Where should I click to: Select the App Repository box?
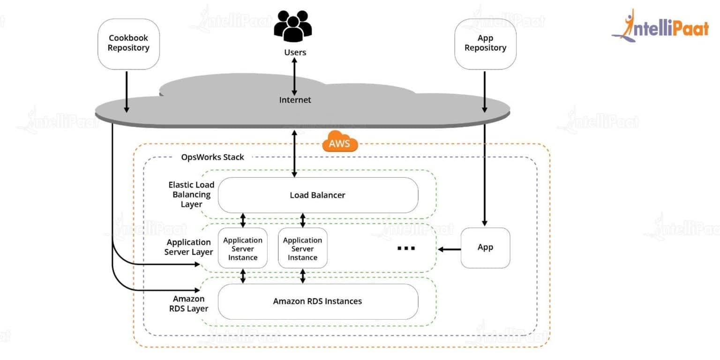pos(485,44)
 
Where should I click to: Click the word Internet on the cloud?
pos(295,100)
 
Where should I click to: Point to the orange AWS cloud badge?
pos(340,143)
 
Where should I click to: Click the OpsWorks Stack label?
pos(212,157)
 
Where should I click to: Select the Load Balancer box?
pos(317,195)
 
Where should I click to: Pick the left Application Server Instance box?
pos(242,248)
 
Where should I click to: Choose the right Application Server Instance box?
pos(302,248)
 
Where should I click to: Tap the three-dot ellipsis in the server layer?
pos(406,248)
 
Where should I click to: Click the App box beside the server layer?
pos(485,247)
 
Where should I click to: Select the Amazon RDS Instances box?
pos(317,301)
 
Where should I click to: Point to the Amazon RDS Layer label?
pos(189,303)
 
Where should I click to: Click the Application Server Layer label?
pos(188,247)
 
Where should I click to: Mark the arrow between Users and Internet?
pos(294,76)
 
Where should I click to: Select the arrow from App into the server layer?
pos(449,249)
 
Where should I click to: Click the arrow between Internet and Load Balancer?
pos(294,154)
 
